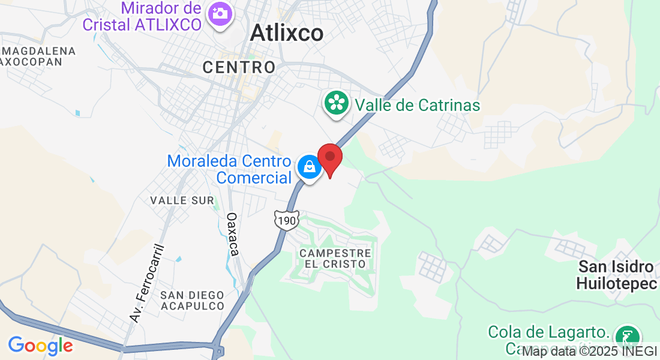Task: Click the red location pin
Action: (329, 158)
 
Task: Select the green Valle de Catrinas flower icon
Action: (337, 103)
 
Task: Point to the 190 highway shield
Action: (287, 221)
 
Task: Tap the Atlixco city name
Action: (286, 33)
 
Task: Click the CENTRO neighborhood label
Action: (239, 67)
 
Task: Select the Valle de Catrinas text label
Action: (418, 106)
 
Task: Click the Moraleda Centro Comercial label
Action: (229, 169)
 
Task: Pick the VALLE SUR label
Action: (182, 200)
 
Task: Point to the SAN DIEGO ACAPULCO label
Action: (192, 301)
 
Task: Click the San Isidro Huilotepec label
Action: (617, 275)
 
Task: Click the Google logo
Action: (40, 346)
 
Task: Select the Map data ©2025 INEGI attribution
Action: (590, 351)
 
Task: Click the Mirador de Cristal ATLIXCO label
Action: (160, 17)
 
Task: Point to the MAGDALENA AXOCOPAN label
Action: (38, 56)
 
